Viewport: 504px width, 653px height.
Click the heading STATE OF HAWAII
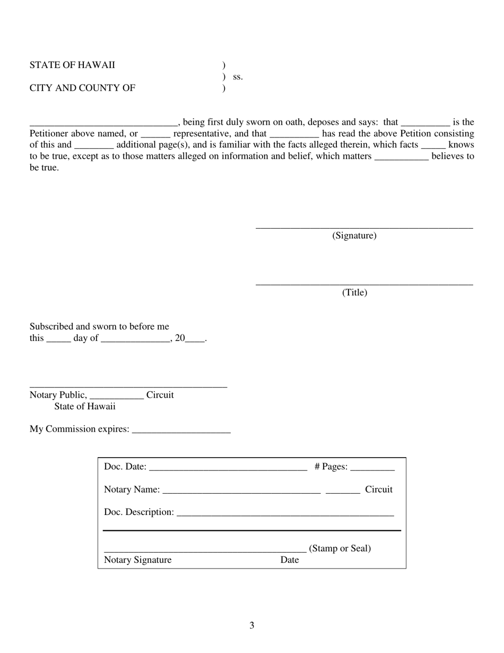tap(72, 65)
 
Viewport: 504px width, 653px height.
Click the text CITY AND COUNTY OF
tap(82, 88)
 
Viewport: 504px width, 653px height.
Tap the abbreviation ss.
tap(238, 76)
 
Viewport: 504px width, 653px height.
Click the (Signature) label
tap(354, 236)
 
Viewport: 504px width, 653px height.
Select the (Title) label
tap(354, 293)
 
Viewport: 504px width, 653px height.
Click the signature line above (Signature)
tap(364, 228)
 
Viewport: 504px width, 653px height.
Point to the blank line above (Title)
tap(364, 285)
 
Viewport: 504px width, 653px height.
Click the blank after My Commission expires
tap(181, 432)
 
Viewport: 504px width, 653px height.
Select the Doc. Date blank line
tap(228, 470)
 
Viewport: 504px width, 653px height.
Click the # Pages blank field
tap(372, 470)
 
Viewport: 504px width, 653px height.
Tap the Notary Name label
tap(132, 489)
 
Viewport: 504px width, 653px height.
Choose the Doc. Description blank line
tap(285, 515)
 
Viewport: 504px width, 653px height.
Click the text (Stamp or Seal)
tap(340, 548)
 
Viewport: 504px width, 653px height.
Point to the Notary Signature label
tap(138, 560)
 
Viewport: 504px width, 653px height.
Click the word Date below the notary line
tap(290, 560)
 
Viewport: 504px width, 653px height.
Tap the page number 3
tap(252, 625)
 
